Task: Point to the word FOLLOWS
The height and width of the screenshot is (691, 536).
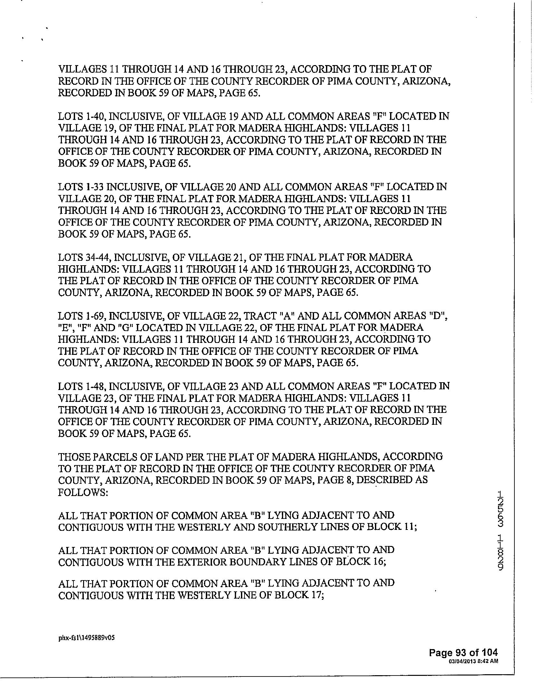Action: pos(82,492)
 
